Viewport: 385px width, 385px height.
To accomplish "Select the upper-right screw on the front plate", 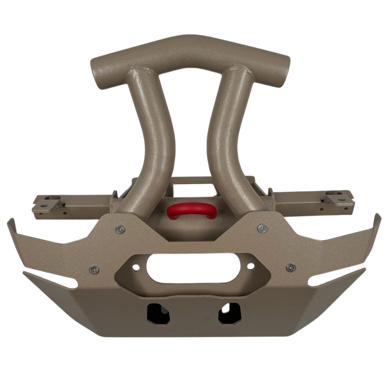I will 263,228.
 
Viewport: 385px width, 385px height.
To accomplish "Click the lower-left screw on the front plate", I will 94,269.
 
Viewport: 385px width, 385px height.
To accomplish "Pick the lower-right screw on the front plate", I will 291,267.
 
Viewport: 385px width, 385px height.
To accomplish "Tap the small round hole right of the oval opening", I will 251,266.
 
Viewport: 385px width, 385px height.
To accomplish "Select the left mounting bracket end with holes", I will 48,204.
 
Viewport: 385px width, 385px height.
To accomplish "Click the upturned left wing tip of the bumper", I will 12,227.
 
